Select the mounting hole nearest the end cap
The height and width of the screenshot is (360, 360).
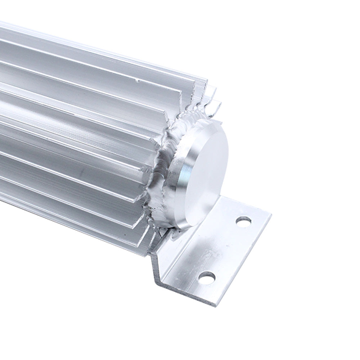[x=244, y=222]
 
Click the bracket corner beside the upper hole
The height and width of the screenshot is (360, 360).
[x=268, y=216]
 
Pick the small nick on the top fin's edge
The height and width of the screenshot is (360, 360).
[x=137, y=81]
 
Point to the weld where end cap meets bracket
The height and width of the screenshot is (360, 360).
[x=173, y=232]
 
